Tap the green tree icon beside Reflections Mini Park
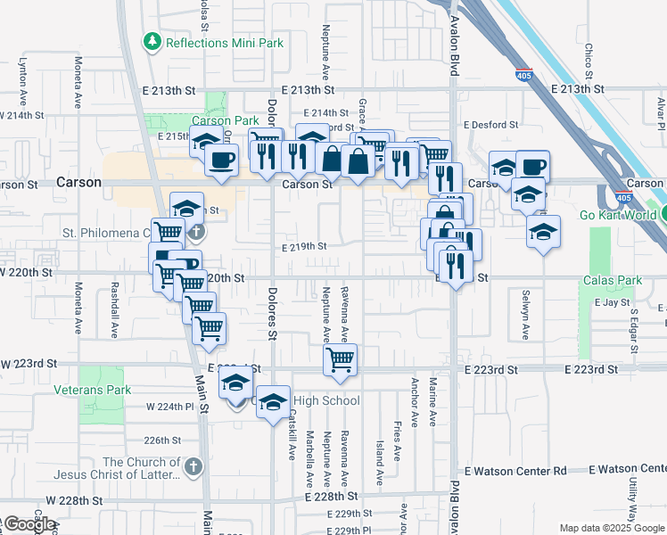tap(152, 42)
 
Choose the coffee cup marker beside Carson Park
tap(221, 160)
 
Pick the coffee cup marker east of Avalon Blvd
tap(533, 166)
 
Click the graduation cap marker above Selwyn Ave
tap(542, 232)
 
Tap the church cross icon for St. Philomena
tap(195, 233)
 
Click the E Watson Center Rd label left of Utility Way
tap(516, 469)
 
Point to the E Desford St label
tap(490, 125)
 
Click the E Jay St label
tap(613, 303)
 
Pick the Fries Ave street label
tap(397, 443)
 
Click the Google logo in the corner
tap(29, 524)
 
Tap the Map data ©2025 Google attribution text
tap(611, 528)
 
